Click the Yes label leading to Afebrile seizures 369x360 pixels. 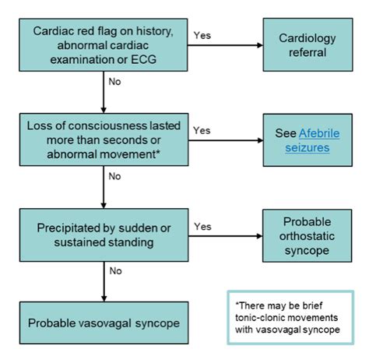201,129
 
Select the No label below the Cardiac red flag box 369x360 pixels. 114,79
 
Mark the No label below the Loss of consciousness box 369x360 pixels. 114,176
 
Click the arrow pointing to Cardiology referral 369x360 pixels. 226,45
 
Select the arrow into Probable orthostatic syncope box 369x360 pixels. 226,237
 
